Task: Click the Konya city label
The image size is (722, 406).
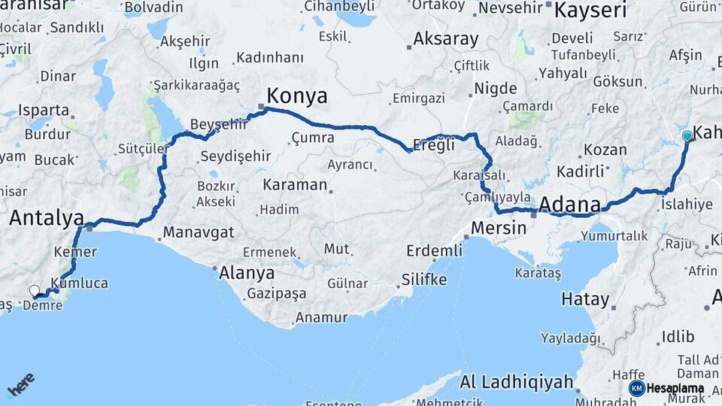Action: (297, 96)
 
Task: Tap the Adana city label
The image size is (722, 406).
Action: (569, 205)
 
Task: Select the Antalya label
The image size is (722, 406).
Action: (47, 219)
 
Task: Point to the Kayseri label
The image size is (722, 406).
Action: (590, 11)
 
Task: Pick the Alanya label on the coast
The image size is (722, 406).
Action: (247, 273)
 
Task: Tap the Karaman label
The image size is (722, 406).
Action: (295, 184)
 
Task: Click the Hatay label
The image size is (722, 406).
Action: (585, 299)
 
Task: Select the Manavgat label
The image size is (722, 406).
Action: (199, 232)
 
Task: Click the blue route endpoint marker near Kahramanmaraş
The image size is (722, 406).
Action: (687, 136)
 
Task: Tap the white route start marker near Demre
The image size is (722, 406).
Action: (34, 290)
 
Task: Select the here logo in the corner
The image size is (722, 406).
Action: (20, 384)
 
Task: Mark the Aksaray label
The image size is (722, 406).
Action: (446, 39)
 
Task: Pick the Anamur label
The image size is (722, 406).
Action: (321, 317)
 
